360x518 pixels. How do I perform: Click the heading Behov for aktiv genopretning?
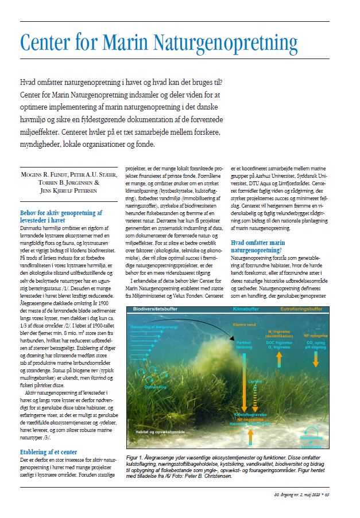tap(61, 212)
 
